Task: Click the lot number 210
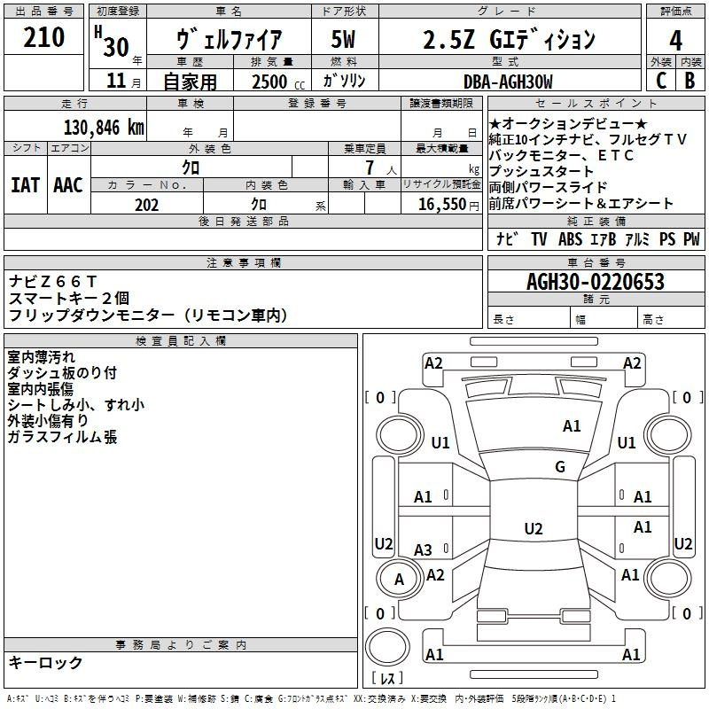(43, 37)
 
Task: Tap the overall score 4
(675, 40)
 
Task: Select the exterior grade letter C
(661, 81)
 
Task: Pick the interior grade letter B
(690, 81)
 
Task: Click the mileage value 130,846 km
(104, 128)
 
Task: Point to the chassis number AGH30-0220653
(596, 282)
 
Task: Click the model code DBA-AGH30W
(508, 82)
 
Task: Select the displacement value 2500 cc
(278, 82)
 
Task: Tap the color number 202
(146, 205)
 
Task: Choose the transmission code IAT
(26, 185)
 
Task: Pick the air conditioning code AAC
(68, 185)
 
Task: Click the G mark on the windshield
(560, 466)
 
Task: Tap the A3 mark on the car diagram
(423, 549)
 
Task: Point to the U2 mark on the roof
(534, 528)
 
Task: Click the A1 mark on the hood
(572, 426)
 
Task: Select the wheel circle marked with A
(398, 579)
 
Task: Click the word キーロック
(45, 662)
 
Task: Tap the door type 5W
(343, 39)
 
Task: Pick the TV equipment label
(539, 238)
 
